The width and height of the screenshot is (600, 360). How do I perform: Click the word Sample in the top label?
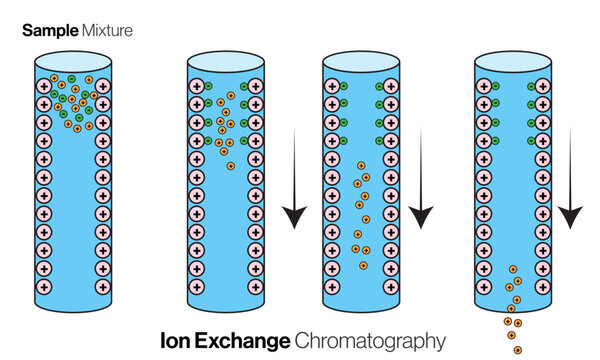point(47,32)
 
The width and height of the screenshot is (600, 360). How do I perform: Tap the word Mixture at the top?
point(105,32)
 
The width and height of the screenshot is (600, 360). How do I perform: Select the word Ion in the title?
point(176,340)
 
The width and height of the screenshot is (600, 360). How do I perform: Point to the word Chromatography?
point(369,340)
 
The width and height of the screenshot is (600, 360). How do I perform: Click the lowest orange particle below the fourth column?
point(517,350)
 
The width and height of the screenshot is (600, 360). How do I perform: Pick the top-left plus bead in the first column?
point(43,87)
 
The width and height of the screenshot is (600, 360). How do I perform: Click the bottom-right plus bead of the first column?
point(103,287)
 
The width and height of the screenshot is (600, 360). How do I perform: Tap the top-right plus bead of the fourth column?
point(541,87)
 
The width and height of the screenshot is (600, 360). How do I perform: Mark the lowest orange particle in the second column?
point(230,165)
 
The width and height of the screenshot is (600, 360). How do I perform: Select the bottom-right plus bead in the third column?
point(391,287)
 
